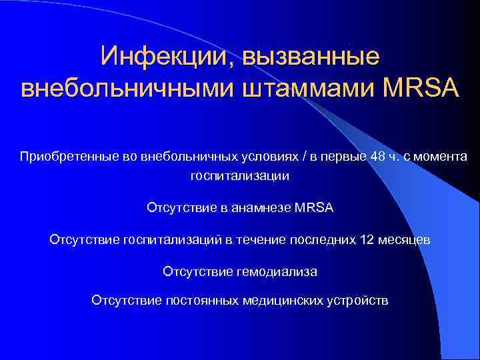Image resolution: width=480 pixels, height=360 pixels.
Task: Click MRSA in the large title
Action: [x=421, y=89]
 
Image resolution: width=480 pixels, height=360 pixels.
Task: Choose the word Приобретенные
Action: [x=61, y=157]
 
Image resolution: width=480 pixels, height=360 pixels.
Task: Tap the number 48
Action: [x=377, y=157]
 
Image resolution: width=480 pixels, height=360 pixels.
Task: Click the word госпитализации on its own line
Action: [x=240, y=176]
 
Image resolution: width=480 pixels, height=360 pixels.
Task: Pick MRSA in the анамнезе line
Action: [x=313, y=208]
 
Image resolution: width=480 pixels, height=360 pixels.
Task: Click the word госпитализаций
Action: [x=169, y=240]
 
